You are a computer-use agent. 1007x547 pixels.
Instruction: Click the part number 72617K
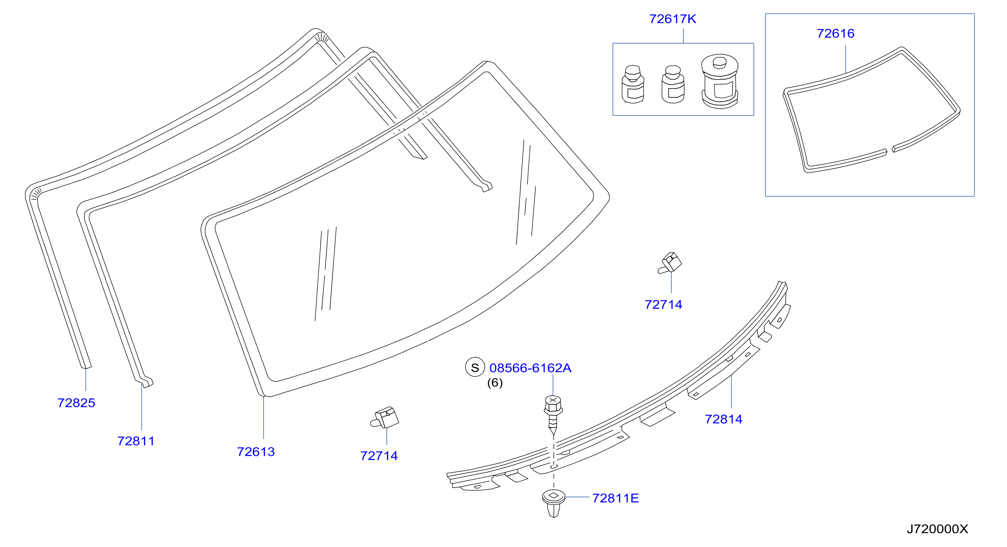click(x=672, y=19)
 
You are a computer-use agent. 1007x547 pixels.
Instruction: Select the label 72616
click(x=835, y=34)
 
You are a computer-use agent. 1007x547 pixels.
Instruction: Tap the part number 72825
click(x=76, y=403)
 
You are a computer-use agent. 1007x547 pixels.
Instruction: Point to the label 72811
click(x=136, y=442)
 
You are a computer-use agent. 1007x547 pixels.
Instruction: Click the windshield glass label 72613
click(x=256, y=452)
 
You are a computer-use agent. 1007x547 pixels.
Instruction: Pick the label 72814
click(x=724, y=419)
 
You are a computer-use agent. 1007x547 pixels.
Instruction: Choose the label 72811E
click(x=616, y=498)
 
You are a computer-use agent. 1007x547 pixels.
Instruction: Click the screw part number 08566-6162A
click(x=531, y=368)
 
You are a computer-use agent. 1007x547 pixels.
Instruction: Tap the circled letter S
click(x=475, y=367)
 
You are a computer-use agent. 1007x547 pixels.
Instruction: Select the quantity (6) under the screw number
click(x=495, y=383)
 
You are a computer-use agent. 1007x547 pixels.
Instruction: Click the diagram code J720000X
click(x=937, y=529)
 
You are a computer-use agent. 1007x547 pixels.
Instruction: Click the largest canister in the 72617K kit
click(x=720, y=81)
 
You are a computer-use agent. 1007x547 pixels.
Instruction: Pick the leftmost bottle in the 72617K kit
click(x=633, y=84)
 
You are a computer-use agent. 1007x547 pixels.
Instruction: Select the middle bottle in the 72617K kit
click(x=673, y=84)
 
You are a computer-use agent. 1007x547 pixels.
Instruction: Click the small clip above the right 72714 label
click(x=670, y=263)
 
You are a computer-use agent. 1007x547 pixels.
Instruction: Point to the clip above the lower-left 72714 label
click(x=385, y=418)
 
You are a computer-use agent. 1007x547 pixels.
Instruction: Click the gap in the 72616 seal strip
click(x=890, y=150)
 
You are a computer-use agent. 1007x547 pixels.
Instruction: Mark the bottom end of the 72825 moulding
click(x=86, y=367)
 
